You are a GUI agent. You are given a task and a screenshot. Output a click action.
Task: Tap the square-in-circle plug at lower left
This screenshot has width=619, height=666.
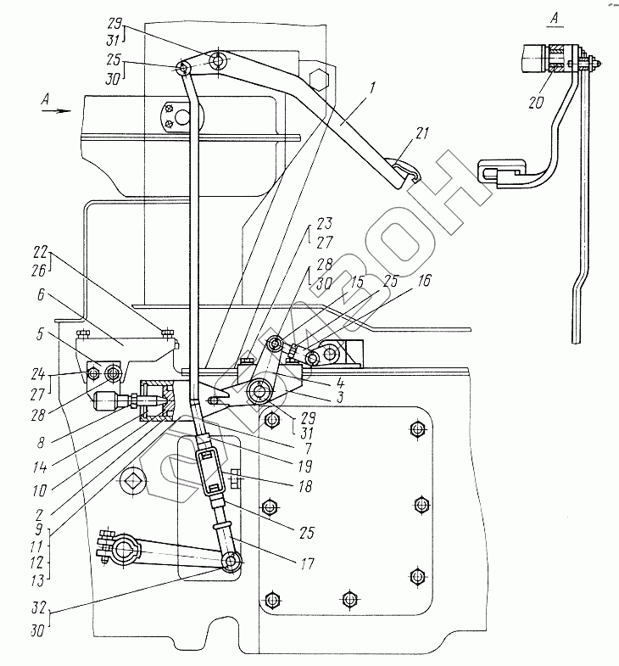point(133,482)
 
